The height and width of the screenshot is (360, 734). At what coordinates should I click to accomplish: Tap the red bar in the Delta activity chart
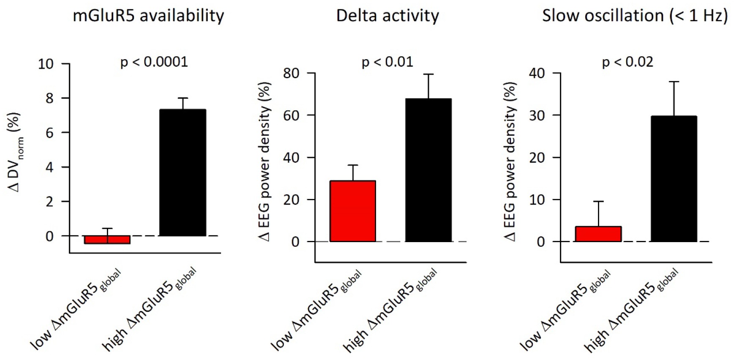click(352, 211)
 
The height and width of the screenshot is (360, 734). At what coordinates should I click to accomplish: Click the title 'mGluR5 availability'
click(148, 16)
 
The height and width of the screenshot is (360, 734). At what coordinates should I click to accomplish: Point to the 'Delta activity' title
click(387, 16)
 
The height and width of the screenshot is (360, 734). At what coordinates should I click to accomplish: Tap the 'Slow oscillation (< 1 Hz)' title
click(635, 16)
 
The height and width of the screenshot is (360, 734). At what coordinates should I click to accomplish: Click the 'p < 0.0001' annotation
click(154, 62)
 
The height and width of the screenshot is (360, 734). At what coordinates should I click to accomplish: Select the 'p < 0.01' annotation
click(387, 62)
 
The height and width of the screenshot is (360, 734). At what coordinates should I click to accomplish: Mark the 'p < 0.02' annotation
click(628, 62)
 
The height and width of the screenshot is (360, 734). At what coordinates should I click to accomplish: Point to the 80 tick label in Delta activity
click(291, 74)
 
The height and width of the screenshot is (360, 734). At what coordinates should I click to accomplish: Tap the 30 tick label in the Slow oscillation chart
click(537, 115)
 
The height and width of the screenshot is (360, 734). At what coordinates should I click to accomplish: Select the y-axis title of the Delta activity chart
click(265, 162)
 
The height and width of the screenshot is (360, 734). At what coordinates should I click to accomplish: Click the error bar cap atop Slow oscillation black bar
click(674, 82)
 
